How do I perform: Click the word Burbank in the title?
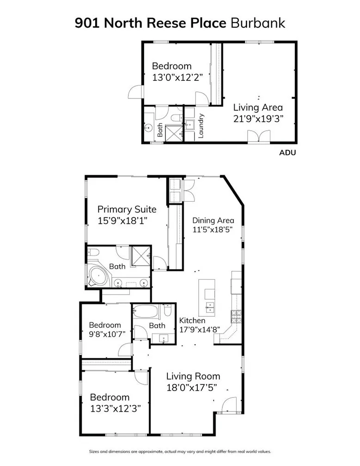(x=258, y=23)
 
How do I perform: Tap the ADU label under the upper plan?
(x=287, y=153)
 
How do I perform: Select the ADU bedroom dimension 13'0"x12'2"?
(x=177, y=77)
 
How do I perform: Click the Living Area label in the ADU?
(x=257, y=107)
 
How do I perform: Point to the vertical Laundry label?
(x=201, y=126)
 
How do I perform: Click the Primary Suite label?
(x=127, y=209)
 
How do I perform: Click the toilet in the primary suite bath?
(x=93, y=252)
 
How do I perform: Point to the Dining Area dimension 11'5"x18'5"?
(x=213, y=229)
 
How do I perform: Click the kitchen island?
(x=207, y=298)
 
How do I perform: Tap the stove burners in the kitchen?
(x=236, y=317)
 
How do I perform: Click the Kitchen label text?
(x=192, y=320)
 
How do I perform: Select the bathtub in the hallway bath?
(x=145, y=312)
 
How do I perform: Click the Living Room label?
(x=193, y=376)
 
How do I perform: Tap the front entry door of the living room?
(x=229, y=405)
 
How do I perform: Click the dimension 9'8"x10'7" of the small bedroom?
(x=107, y=334)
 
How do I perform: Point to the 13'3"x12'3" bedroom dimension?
(x=116, y=408)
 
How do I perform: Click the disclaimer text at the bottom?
(x=180, y=451)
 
